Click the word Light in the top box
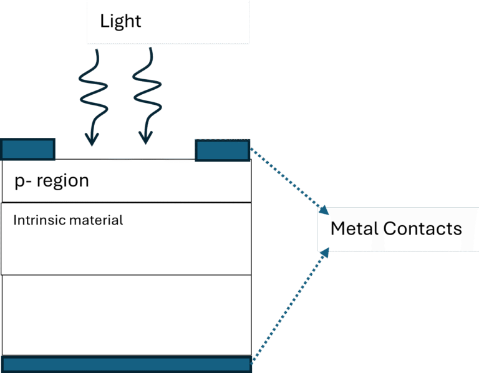[x=120, y=21]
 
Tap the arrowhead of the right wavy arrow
[x=145, y=138]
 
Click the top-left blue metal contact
[x=28, y=150]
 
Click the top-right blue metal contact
[x=223, y=150]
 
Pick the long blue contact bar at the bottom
[x=126, y=364]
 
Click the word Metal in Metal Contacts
[x=354, y=228]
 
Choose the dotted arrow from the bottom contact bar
[x=287, y=306]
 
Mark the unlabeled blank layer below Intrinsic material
[x=126, y=314]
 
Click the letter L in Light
[x=104, y=21]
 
